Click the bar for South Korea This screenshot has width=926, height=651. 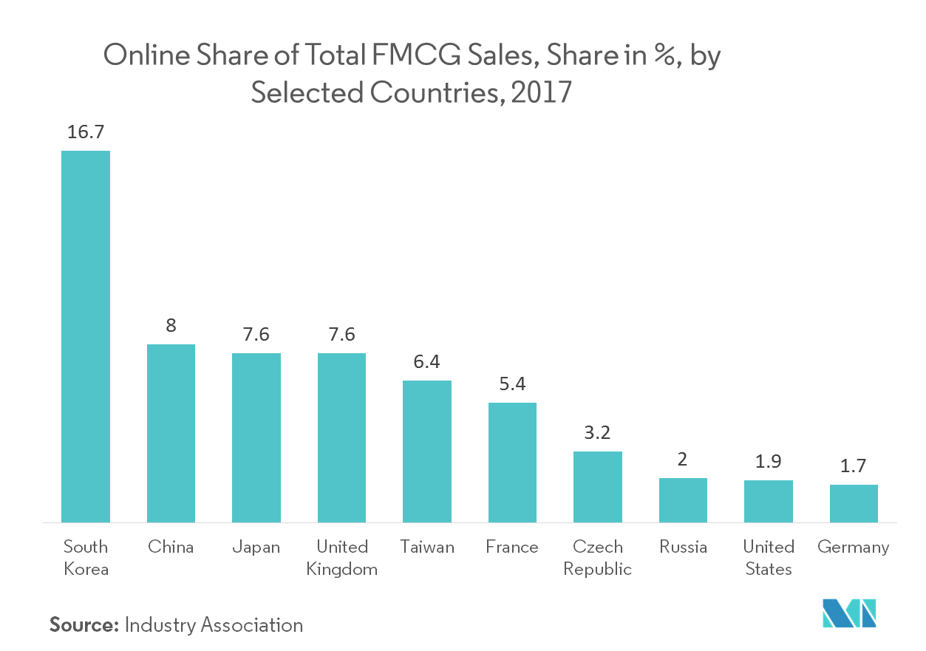pos(86,336)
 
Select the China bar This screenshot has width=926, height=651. pos(171,433)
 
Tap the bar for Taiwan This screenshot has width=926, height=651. pos(426,451)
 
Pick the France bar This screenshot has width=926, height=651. pos(512,462)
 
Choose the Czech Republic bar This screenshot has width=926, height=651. pos(597,486)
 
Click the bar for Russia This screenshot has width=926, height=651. pos(683,500)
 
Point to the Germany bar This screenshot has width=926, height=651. pos(854,503)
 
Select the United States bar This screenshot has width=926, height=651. pos(768,501)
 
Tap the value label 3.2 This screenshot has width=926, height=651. pos(597,432)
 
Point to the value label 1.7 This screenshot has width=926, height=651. pos(853,466)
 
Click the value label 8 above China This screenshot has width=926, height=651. pos(171,326)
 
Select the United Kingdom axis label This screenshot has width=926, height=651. pos(342,558)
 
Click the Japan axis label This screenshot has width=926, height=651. pos(256,547)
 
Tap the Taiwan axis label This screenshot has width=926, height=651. pos(427,547)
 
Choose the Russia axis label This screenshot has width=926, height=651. pos(683,547)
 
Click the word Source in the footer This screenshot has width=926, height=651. pos(84,625)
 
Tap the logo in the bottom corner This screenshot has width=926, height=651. pos(849,615)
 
